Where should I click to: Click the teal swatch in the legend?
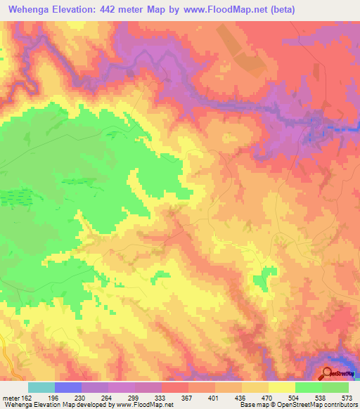[x=41, y=387]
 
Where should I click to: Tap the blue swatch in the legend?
[x=68, y=387]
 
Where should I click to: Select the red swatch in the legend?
[x=175, y=387]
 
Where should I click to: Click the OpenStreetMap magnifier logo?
[x=328, y=374]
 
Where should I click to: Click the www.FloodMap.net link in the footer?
[x=146, y=405]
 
